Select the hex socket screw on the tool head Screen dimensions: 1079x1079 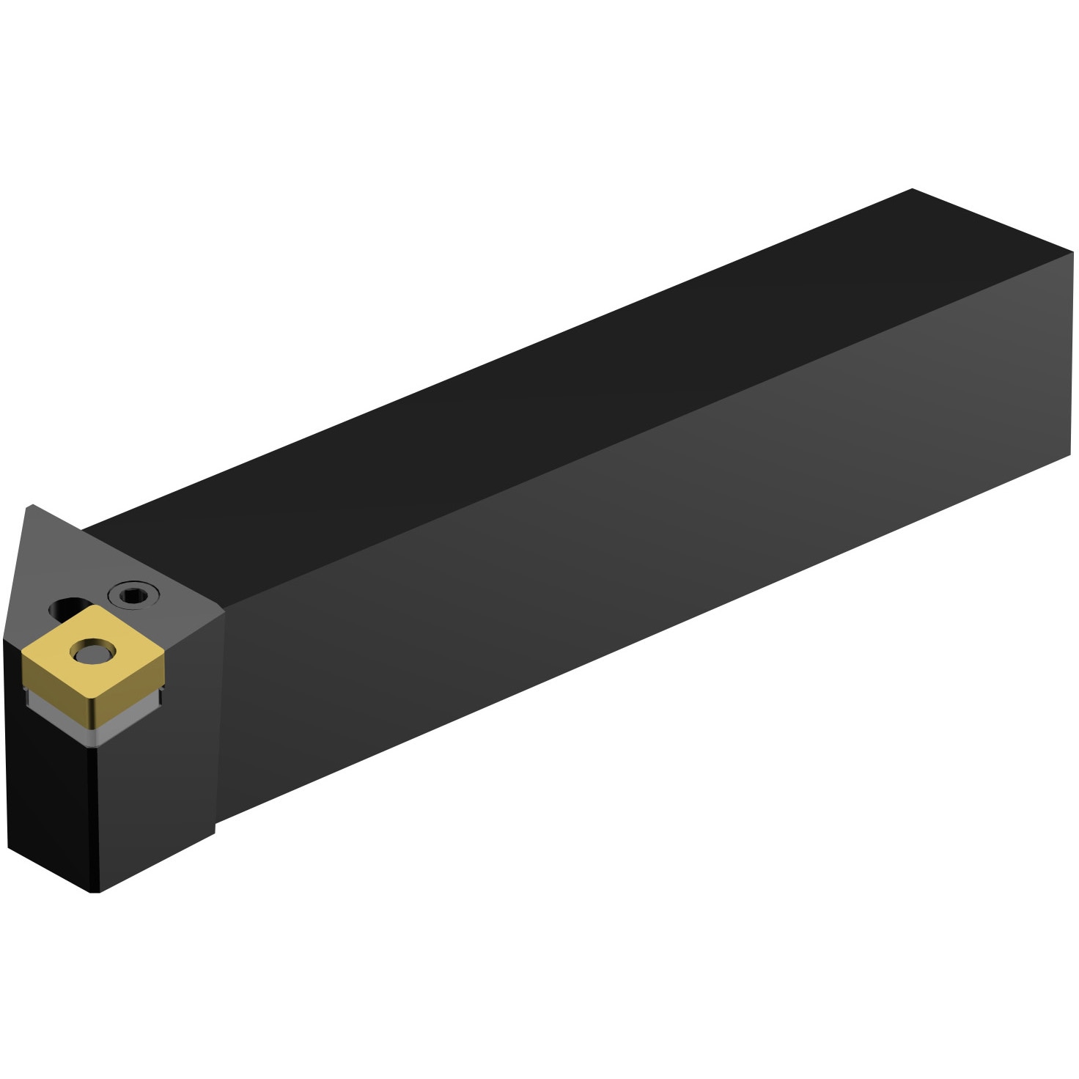pyautogui.click(x=133, y=594)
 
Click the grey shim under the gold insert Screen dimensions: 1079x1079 pyautogui.click(x=95, y=726)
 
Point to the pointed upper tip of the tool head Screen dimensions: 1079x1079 pyautogui.click(x=30, y=506)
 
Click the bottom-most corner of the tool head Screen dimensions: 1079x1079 pyautogui.click(x=94, y=891)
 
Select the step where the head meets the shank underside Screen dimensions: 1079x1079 pyautogui.click(x=215, y=827)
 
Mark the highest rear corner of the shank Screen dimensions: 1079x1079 pyautogui.click(x=913, y=189)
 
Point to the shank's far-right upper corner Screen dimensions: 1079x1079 pyautogui.click(x=1072, y=253)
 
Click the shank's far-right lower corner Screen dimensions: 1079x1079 pyautogui.click(x=1070, y=455)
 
